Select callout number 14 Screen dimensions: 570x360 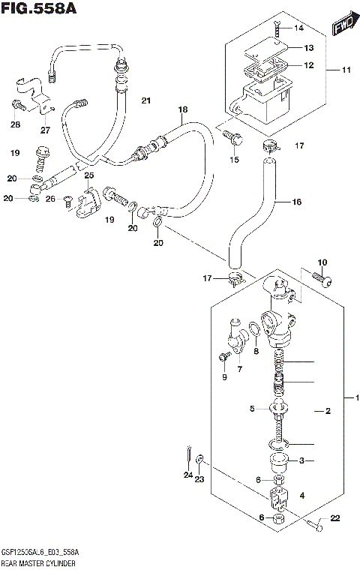[x=299, y=28]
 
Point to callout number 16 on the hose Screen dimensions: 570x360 [x=298, y=202]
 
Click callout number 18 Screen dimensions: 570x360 [x=182, y=109]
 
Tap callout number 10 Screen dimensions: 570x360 [x=322, y=262]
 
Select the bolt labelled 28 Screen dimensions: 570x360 [x=17, y=106]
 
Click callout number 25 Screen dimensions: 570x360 [x=89, y=175]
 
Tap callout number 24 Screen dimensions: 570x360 [x=187, y=475]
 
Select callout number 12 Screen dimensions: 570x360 [x=308, y=65]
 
